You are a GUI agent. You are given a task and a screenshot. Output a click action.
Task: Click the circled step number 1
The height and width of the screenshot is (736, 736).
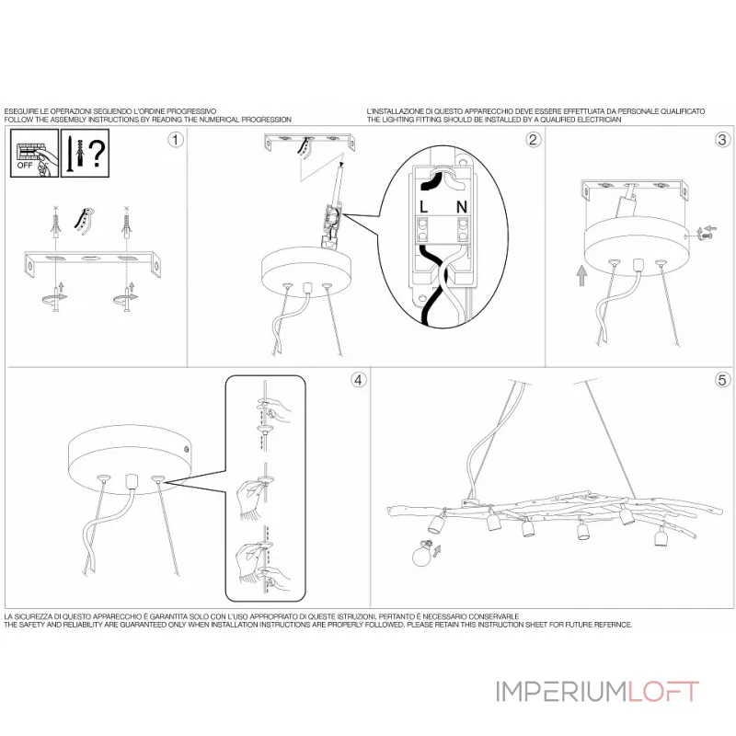pos(176,140)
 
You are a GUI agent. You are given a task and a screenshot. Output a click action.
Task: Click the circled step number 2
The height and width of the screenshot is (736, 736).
pos(533,140)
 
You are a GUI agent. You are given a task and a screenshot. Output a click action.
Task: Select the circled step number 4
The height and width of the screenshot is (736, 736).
pos(358,379)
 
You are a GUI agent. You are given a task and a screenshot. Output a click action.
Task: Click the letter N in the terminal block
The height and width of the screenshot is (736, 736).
pos(463,207)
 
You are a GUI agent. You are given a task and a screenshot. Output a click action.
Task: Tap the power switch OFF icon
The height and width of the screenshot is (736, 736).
pos(29,153)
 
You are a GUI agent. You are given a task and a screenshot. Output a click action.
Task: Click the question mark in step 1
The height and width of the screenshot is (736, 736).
pos(97,152)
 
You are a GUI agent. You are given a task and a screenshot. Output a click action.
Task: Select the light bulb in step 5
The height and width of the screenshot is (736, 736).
pos(423,554)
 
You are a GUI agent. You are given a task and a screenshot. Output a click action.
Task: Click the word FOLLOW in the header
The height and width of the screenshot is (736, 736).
pos(19,120)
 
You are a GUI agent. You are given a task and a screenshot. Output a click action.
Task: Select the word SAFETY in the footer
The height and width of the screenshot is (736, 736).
pos(35,624)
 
